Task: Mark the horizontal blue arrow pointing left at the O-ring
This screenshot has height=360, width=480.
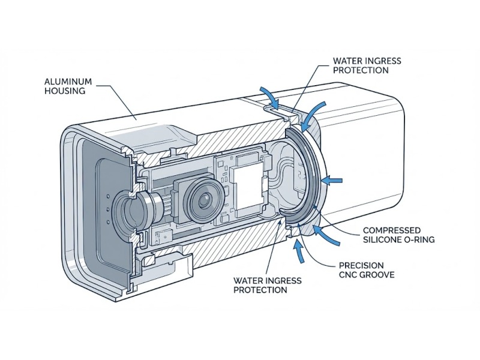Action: pos(333,179)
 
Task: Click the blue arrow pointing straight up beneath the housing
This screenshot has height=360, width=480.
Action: pos(298,250)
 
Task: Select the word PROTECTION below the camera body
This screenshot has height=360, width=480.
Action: pos(260,290)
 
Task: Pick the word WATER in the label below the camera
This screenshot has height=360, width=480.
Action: pos(247,280)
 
